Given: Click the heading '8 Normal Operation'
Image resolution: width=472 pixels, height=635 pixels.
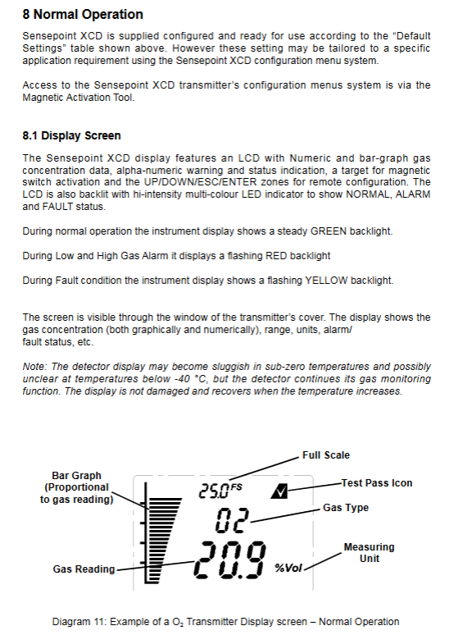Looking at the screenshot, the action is (83, 14).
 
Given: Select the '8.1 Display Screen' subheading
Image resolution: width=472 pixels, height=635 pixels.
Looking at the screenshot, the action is (71, 135).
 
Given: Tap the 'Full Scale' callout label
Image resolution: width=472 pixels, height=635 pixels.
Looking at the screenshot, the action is (326, 455).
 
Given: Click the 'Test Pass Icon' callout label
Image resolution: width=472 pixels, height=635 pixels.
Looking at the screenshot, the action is (377, 483).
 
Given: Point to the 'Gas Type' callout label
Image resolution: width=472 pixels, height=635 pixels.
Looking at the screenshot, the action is (346, 508).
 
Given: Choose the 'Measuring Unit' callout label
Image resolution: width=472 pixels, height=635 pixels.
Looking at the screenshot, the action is (369, 553).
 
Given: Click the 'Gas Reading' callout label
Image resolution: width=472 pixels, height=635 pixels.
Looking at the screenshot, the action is (84, 569).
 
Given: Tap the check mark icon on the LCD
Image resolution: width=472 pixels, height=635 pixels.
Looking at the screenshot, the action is (279, 491).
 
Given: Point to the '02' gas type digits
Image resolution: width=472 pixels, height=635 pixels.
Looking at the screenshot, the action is (230, 520).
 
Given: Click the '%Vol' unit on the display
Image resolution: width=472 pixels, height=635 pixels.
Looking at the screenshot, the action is (288, 569).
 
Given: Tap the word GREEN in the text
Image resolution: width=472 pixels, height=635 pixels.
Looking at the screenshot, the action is (329, 231).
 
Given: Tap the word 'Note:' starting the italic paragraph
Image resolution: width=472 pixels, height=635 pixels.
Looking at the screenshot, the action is (34, 367).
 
